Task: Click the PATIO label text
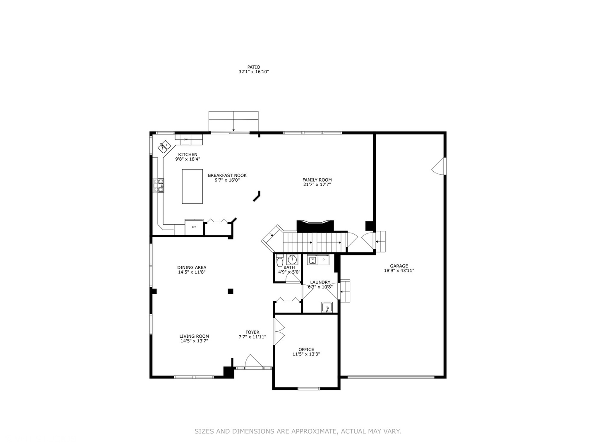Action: click(253, 67)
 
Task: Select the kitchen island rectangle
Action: click(192, 186)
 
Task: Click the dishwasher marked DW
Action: click(185, 139)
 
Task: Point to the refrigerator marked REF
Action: click(194, 227)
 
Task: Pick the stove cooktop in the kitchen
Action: click(159, 185)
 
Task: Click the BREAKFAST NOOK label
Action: click(227, 175)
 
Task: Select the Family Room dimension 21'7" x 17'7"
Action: click(317, 185)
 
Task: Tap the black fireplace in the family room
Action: click(315, 226)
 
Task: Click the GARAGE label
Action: click(399, 266)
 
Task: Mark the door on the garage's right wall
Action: click(439, 166)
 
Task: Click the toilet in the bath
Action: click(280, 262)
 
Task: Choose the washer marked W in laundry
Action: click(312, 260)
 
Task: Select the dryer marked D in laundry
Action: click(323, 260)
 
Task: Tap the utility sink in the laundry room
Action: click(327, 308)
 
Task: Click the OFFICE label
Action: click(306, 349)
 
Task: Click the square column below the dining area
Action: click(231, 291)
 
